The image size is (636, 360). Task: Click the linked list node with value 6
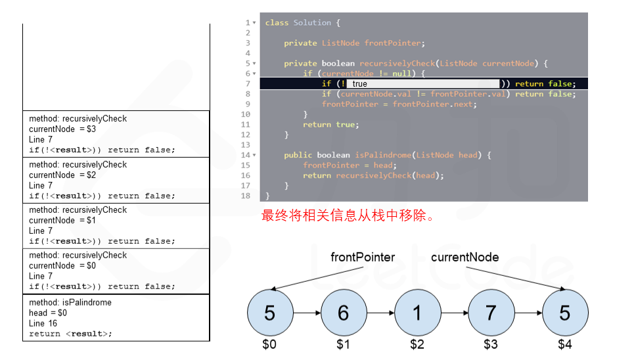(343, 313)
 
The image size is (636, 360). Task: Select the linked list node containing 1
(417, 313)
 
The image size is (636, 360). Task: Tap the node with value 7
(490, 313)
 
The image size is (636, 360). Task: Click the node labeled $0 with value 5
(269, 313)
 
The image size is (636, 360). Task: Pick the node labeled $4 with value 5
(564, 313)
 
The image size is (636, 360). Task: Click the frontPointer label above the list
(363, 257)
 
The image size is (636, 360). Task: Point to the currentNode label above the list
(465, 257)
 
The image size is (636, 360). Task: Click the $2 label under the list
(417, 344)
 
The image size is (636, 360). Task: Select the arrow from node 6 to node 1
(380, 313)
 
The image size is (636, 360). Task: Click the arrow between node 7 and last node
(528, 313)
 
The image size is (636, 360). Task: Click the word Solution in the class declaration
(312, 23)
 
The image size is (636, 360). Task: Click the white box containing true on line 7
(423, 83)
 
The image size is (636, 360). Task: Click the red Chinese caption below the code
(348, 215)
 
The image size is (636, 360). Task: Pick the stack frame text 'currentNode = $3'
(62, 129)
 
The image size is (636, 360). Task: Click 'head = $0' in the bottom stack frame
(48, 313)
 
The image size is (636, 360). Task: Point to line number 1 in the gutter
(247, 23)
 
